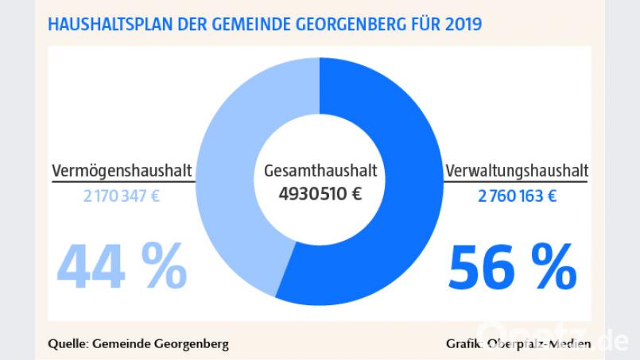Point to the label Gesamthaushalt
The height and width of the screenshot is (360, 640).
pyautogui.click(x=320, y=172)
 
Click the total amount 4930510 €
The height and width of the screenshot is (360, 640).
pyautogui.click(x=320, y=193)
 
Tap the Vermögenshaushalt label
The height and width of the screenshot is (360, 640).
pyautogui.click(x=123, y=171)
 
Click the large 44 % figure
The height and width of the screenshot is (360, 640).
pyautogui.click(x=121, y=266)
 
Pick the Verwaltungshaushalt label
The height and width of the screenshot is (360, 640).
pyautogui.click(x=517, y=171)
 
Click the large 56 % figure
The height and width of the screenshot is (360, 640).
pyautogui.click(x=513, y=268)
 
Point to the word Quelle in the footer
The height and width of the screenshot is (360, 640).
pyautogui.click(x=68, y=343)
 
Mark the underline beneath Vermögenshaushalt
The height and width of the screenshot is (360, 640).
pyautogui.click(x=123, y=182)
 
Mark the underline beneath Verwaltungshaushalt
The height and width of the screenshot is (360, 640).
pyautogui.click(x=517, y=182)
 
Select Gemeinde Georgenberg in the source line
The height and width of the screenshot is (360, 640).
pyautogui.click(x=161, y=343)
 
